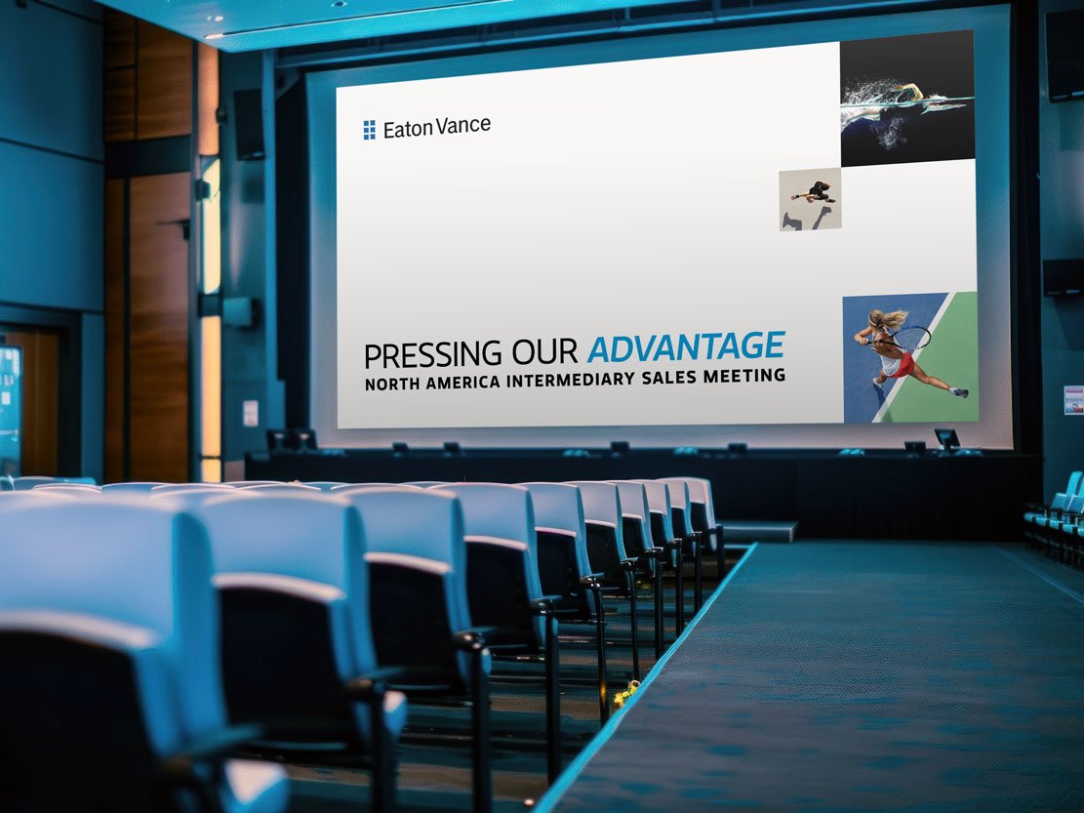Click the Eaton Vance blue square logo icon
point(370,130)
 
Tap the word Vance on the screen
point(462,126)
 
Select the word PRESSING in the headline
point(422,353)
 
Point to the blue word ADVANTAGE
point(686,347)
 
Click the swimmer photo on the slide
point(906,98)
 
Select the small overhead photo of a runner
point(810,199)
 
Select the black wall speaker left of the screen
point(249,124)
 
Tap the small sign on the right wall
point(1073,399)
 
